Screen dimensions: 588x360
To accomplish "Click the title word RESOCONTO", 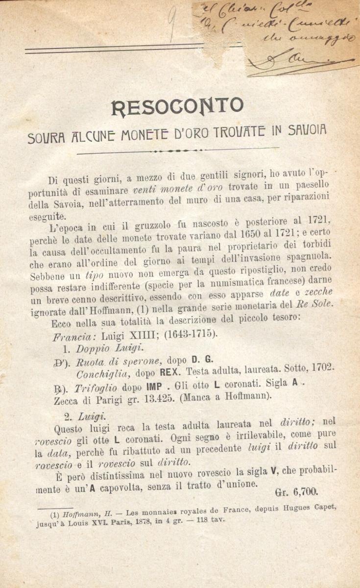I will (177, 106).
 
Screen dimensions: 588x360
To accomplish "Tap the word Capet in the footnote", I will (324, 507).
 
